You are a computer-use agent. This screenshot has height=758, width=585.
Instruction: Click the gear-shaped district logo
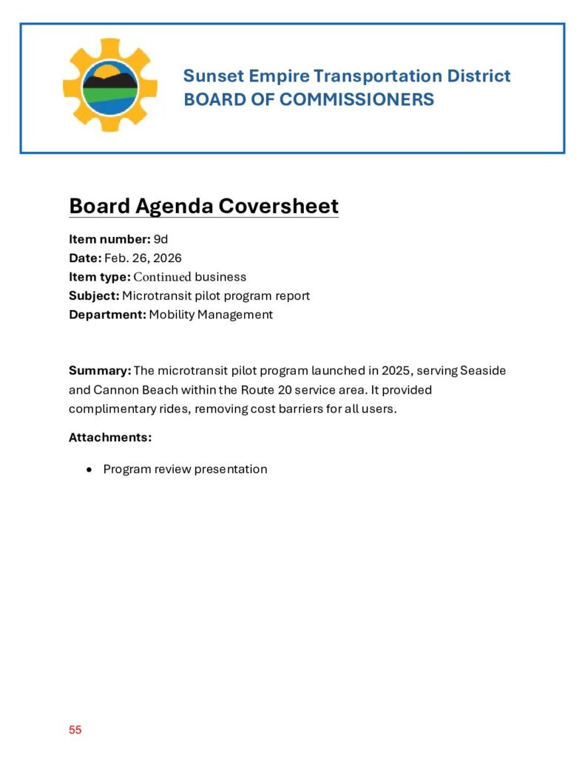109,84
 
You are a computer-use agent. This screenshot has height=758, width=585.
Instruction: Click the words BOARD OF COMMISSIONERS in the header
308,100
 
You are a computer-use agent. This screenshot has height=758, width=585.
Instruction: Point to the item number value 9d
161,239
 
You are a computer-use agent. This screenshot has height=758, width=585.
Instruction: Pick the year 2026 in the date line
167,258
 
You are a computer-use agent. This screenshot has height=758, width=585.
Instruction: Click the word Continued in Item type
162,277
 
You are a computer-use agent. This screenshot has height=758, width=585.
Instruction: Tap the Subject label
94,295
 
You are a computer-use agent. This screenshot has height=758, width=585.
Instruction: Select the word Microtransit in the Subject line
155,295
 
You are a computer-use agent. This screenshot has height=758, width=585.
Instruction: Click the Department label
107,315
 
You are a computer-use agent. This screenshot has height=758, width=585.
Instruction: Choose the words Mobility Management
211,315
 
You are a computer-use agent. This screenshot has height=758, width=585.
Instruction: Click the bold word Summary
100,370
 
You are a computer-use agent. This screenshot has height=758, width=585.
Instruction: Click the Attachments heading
110,437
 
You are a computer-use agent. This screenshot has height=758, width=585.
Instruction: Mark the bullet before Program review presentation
89,469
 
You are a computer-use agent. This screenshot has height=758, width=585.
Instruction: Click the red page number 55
75,730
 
